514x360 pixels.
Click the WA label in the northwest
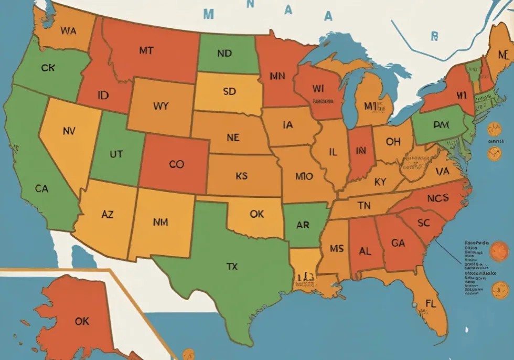click(68, 30)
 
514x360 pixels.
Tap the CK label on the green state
click(48, 68)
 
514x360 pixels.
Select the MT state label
click(146, 51)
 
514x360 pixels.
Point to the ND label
click(224, 54)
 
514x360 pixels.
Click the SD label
click(229, 91)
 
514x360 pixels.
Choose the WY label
click(161, 105)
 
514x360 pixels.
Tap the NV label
click(69, 131)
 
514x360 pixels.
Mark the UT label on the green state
click(116, 155)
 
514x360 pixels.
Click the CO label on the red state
click(177, 164)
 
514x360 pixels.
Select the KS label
click(241, 176)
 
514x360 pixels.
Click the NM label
click(160, 222)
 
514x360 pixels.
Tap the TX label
click(232, 267)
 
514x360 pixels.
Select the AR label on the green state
click(303, 225)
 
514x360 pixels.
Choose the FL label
click(431, 303)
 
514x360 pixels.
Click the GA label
click(398, 243)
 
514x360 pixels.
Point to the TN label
click(364, 206)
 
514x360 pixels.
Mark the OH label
click(393, 142)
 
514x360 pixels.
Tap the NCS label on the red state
click(437, 198)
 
